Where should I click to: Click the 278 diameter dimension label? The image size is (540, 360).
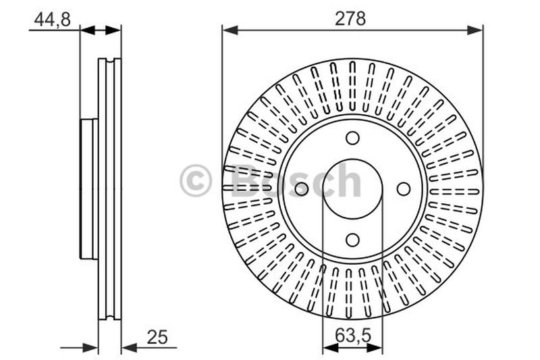350,18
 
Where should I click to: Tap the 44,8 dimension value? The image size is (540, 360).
53,20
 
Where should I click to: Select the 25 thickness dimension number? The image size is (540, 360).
157,337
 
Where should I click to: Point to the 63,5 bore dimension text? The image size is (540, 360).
352,335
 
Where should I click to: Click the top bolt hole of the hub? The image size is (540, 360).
352,138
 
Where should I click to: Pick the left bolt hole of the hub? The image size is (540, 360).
301,189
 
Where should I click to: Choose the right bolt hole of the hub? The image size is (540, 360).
404,189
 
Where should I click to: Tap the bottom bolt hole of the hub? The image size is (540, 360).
352,240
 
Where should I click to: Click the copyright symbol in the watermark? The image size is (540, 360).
195,180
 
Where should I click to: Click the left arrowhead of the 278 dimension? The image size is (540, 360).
230,30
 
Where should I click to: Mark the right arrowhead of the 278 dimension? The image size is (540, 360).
475,30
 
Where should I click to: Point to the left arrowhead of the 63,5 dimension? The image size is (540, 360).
331,348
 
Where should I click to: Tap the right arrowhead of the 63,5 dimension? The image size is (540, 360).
375,348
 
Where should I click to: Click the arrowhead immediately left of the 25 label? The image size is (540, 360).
130,348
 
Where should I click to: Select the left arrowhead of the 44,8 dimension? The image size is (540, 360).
88,30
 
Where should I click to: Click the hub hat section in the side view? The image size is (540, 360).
89,189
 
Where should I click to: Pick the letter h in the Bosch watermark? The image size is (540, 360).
348,180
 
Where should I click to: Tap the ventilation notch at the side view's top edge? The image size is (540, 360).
110,61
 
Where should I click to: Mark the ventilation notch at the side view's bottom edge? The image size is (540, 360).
110,316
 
